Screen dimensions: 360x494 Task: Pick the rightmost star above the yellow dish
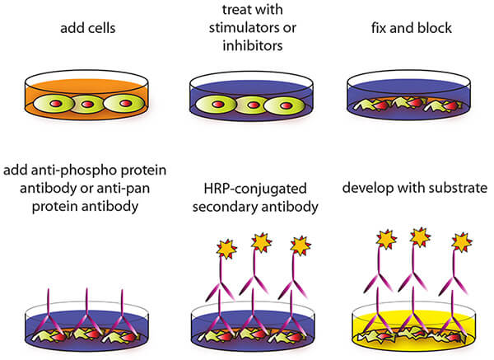(462, 241)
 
